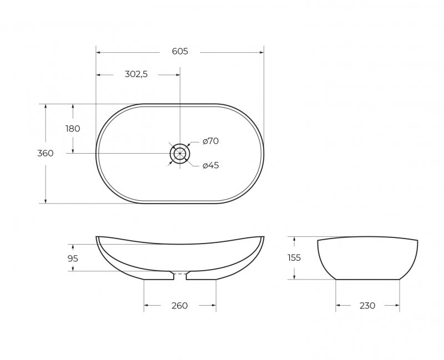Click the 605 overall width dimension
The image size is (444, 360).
click(180, 52)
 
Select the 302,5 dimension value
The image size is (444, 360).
click(136, 74)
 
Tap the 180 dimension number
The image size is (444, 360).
click(73, 129)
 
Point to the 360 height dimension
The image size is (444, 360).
click(46, 153)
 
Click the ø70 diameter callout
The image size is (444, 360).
click(211, 141)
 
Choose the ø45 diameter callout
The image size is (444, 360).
click(211, 165)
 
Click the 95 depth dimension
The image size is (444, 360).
click(73, 258)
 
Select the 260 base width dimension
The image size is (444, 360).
click(179, 306)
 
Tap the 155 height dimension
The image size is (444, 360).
click(294, 258)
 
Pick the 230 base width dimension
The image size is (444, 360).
click(367, 306)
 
